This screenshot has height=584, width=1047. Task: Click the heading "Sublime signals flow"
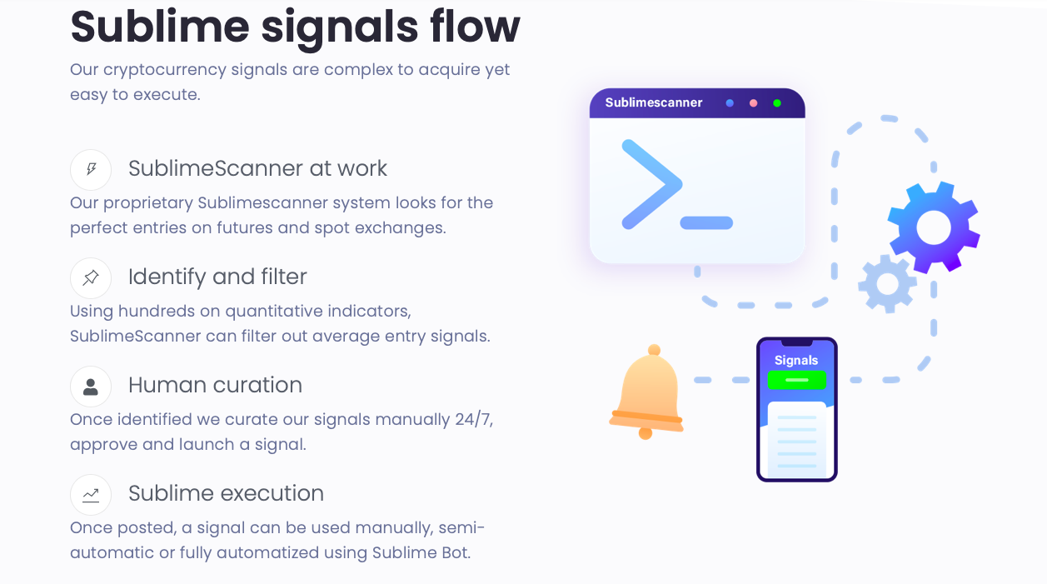point(295,27)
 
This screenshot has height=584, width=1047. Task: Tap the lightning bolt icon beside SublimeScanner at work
point(91,170)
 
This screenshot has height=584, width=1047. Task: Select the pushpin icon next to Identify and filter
point(91,278)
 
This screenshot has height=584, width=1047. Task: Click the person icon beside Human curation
point(91,387)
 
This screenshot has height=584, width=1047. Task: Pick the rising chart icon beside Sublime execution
point(91,495)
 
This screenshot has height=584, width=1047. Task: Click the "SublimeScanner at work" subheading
point(257,168)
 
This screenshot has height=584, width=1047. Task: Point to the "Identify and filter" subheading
point(217,277)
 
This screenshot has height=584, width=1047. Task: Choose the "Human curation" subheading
point(215,385)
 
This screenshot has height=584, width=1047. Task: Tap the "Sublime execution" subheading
point(226,493)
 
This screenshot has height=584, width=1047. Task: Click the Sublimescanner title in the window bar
point(654,102)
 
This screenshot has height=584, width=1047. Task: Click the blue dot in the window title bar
point(730,103)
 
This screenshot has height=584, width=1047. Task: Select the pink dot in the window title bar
point(753,103)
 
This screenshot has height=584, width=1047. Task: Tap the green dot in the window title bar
point(777,103)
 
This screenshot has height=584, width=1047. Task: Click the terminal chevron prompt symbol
point(651,184)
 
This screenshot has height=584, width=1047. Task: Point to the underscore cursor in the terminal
point(706,223)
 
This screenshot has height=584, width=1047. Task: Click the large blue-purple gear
point(933,227)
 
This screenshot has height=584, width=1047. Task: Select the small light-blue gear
point(887,284)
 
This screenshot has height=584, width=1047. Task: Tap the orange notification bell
point(647,392)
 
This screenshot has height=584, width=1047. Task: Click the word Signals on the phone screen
point(796,360)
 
